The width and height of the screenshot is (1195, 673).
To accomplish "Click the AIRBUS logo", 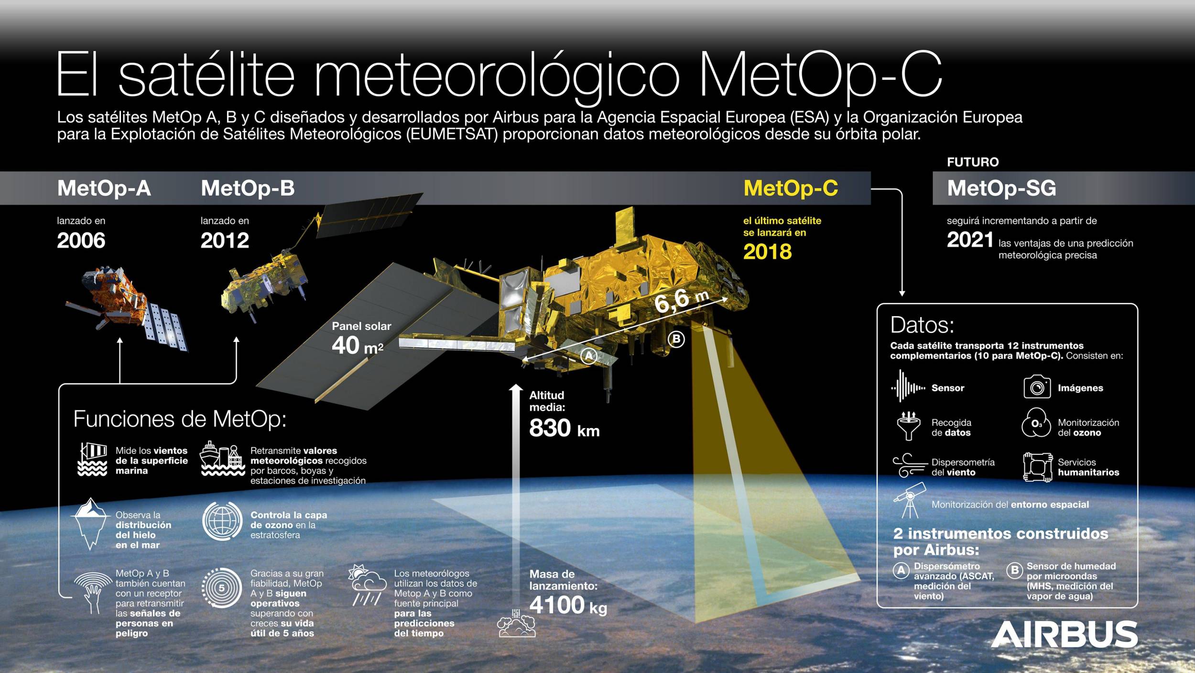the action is [x=1065, y=634].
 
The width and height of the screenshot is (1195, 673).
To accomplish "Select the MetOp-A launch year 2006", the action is [x=81, y=240].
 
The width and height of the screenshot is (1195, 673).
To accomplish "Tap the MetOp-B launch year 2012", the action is [x=225, y=240].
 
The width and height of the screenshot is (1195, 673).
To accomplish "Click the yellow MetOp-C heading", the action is [x=791, y=188].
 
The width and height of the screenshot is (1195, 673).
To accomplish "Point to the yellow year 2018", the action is [x=767, y=252].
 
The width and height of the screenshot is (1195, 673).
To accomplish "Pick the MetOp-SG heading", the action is [x=1001, y=188].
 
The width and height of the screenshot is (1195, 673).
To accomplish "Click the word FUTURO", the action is [x=973, y=162].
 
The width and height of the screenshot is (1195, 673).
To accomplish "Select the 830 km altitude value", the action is [x=564, y=428].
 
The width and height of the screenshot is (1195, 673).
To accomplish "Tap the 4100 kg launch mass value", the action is [x=568, y=605].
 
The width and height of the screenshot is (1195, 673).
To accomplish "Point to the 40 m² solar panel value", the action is [x=358, y=345].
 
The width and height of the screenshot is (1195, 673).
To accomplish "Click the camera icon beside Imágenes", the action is [x=1037, y=387].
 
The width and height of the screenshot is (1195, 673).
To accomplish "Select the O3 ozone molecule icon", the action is [x=1036, y=423].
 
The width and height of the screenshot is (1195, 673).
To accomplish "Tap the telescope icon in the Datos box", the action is [x=909, y=500].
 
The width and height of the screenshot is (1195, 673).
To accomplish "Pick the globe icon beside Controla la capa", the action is [x=222, y=521].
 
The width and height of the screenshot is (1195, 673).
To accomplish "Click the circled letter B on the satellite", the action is [x=676, y=339].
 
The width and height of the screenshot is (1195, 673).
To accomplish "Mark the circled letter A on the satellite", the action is [x=589, y=356].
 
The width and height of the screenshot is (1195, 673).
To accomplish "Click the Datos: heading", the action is [x=922, y=325].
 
